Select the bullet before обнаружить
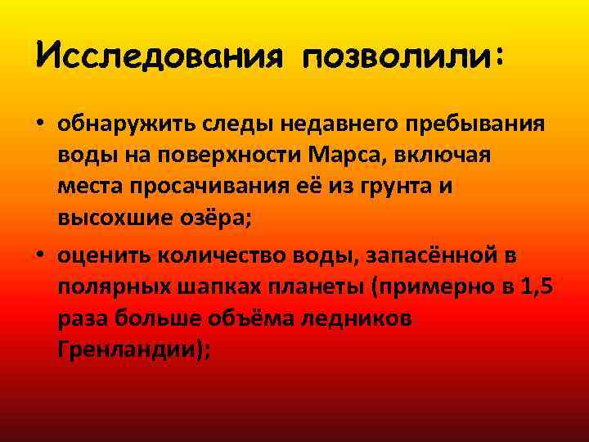tap(40, 124)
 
